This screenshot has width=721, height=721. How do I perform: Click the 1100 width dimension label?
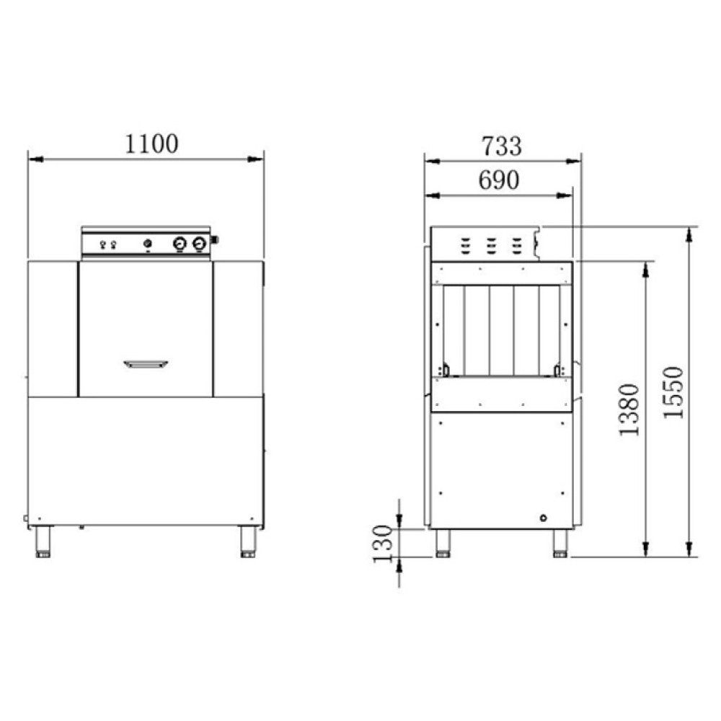151,143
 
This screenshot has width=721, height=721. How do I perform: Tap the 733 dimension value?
502,146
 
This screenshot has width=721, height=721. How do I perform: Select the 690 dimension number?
499,180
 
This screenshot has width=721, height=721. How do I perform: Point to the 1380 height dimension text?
629,410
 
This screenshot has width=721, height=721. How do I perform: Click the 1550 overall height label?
673,392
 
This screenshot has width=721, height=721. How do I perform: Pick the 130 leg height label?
383,544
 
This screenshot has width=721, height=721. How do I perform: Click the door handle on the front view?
146,364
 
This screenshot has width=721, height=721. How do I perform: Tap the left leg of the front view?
43,541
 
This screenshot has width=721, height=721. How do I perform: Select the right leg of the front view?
248,541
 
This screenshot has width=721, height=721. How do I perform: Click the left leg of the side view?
443,543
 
